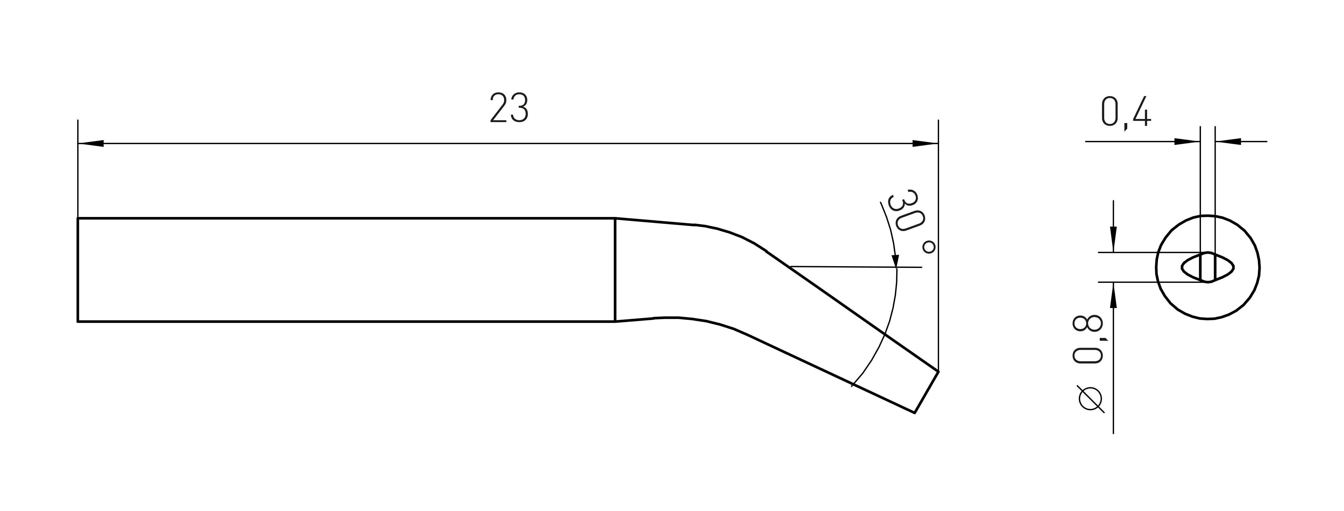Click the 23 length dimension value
pyautogui.click(x=509, y=108)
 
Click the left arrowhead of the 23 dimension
pyautogui.click(x=90, y=143)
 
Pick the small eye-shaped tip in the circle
pyautogui.click(x=1208, y=267)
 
